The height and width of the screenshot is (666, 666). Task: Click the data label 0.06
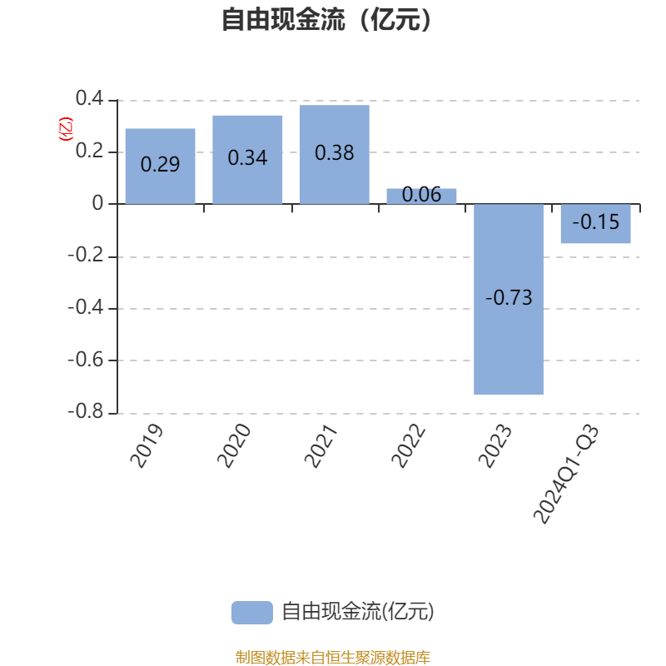point(421,195)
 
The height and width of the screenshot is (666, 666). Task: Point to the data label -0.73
point(509,298)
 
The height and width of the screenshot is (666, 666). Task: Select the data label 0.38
point(335,153)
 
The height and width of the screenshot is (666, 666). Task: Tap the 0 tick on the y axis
point(98,204)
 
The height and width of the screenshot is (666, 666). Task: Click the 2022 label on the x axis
point(408,445)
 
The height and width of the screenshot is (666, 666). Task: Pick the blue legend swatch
point(251,613)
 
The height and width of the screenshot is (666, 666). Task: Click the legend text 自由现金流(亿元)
point(358,613)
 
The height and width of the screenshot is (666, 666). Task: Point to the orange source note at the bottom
point(332,658)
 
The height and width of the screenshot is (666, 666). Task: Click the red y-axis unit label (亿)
point(66,129)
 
